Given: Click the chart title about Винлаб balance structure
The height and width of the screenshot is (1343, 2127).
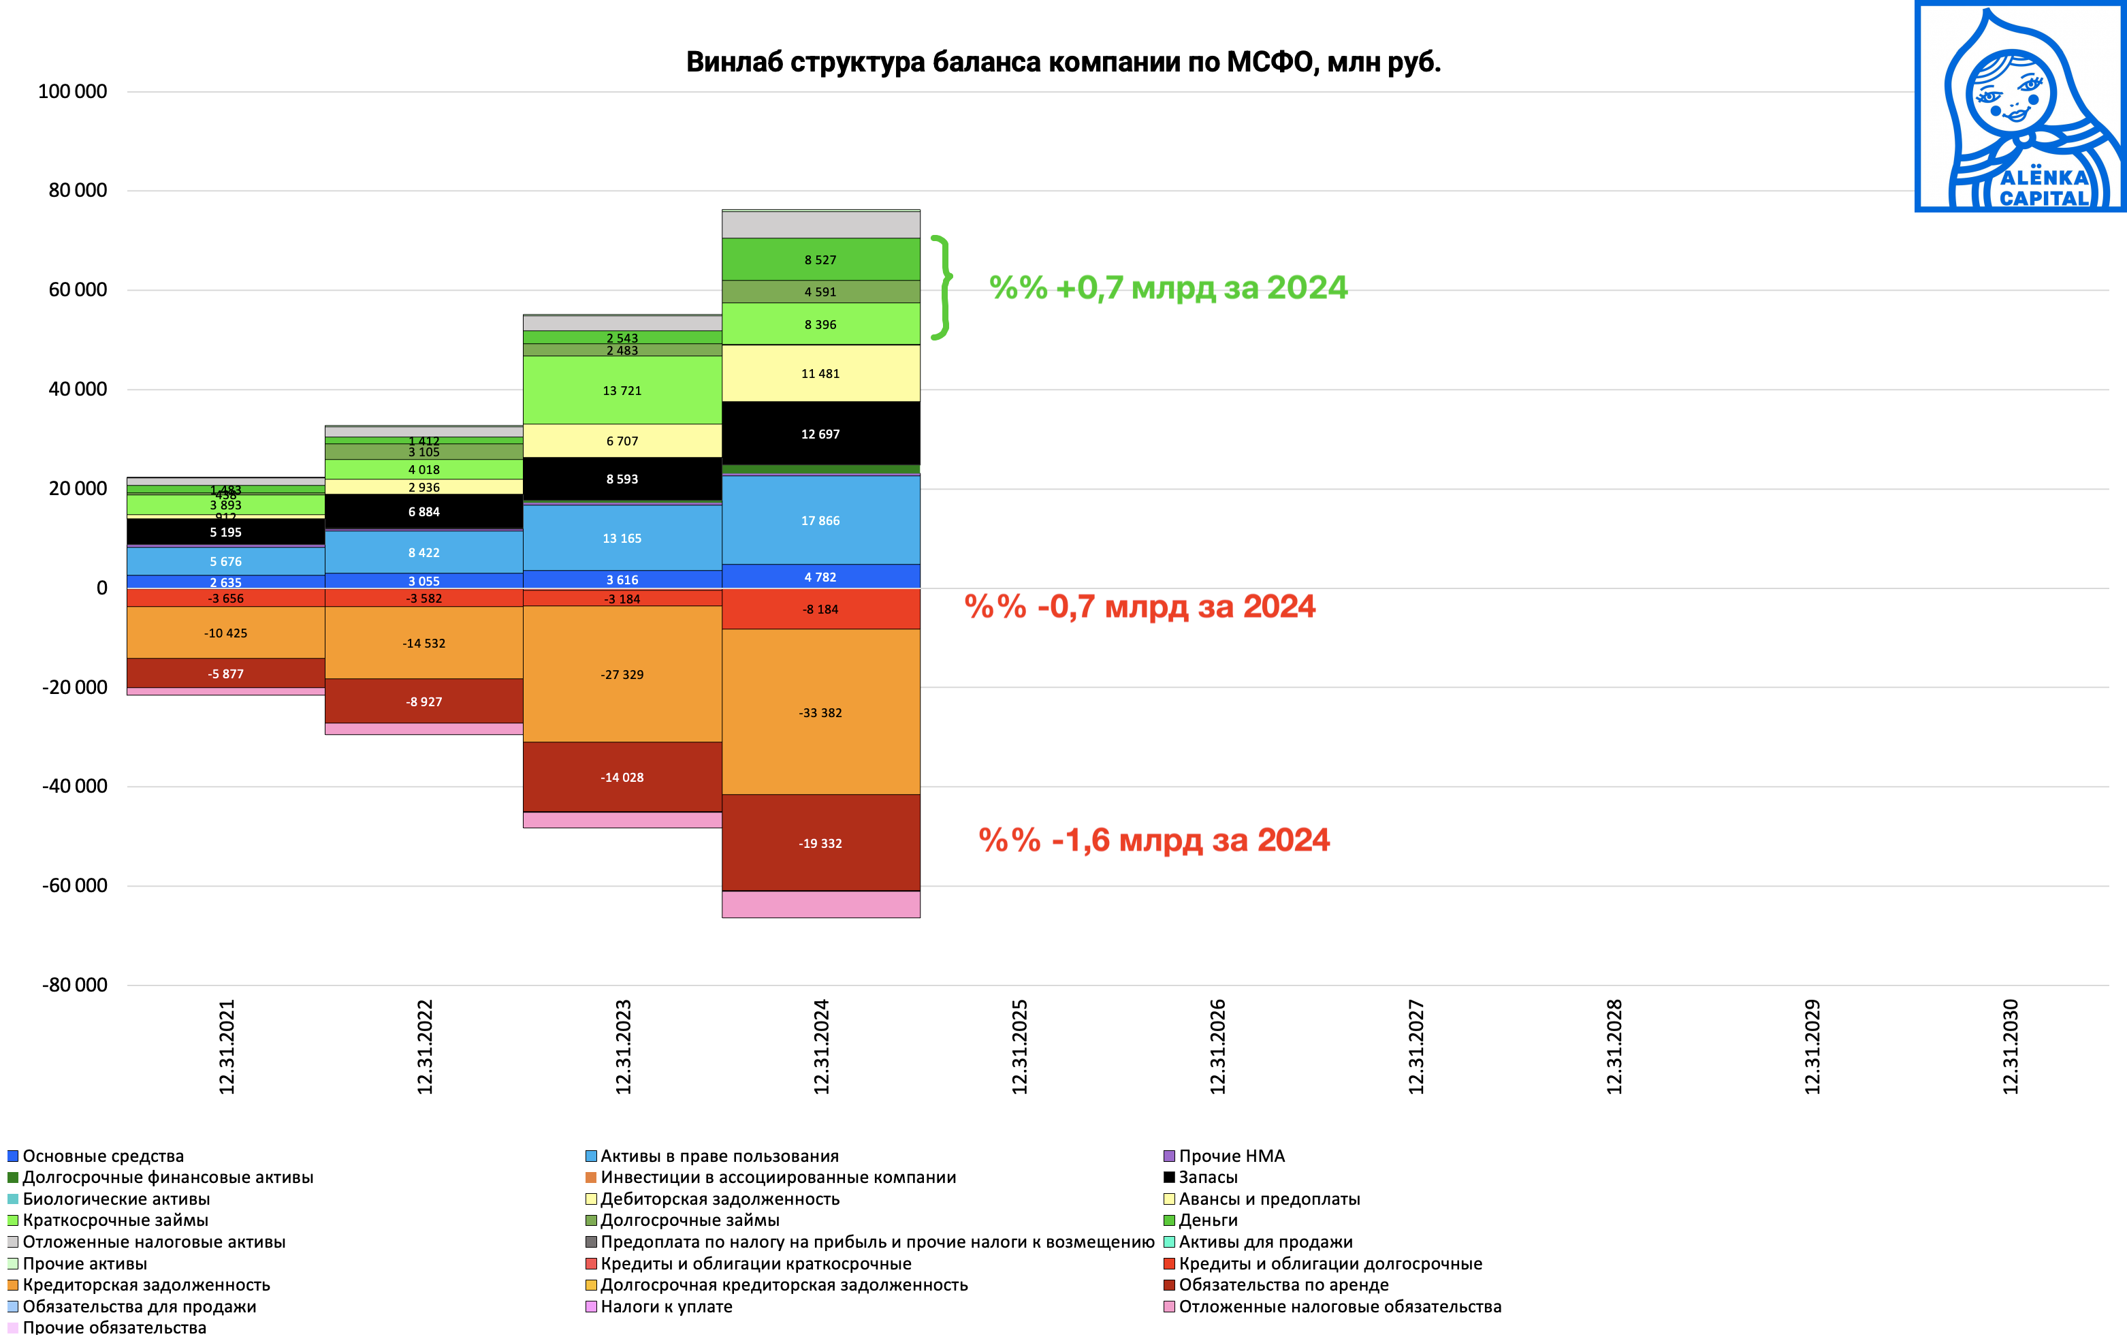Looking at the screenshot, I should click(1063, 62).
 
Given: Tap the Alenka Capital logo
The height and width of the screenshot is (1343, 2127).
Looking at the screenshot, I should click(2020, 106).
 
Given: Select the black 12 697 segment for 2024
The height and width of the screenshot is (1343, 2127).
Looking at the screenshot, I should click(820, 434).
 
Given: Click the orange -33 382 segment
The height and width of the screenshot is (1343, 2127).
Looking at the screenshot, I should click(820, 712).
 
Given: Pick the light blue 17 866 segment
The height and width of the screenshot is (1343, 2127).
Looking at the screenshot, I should click(820, 520).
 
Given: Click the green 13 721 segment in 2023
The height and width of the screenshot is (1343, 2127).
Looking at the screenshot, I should click(622, 390).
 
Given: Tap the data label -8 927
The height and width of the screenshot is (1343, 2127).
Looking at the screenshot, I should click(424, 701).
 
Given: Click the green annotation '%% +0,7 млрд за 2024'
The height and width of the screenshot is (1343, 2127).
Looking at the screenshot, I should click(1168, 288).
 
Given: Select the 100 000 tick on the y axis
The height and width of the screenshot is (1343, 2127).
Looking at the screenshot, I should click(72, 92).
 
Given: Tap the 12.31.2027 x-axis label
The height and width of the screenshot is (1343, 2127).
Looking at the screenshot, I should click(1416, 1047).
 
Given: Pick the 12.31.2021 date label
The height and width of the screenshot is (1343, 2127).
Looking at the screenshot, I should click(227, 1047).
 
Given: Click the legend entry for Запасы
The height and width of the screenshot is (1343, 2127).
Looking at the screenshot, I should click(1207, 1178).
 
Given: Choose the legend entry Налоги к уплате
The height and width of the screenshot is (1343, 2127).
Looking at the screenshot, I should click(666, 1307).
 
